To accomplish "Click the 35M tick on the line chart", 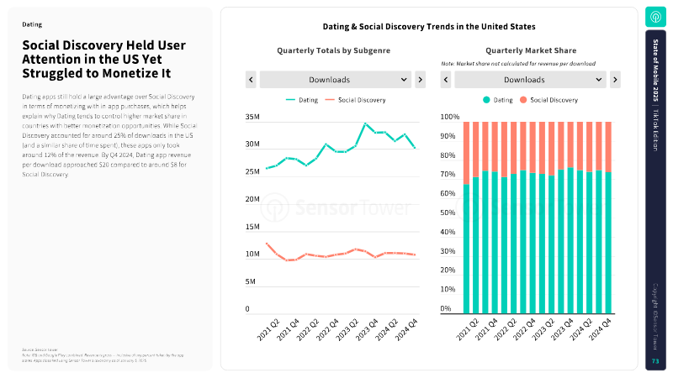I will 252,118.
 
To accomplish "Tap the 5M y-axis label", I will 250,281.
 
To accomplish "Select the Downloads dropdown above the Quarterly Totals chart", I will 334,80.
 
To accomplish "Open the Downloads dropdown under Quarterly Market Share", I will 530,80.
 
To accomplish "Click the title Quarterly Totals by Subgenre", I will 334,50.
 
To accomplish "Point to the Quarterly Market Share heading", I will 530,50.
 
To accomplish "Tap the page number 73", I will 655,361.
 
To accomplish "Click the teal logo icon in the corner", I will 655,17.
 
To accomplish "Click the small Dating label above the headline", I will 32,25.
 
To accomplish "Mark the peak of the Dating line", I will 365,123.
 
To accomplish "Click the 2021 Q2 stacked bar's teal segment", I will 467,248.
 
